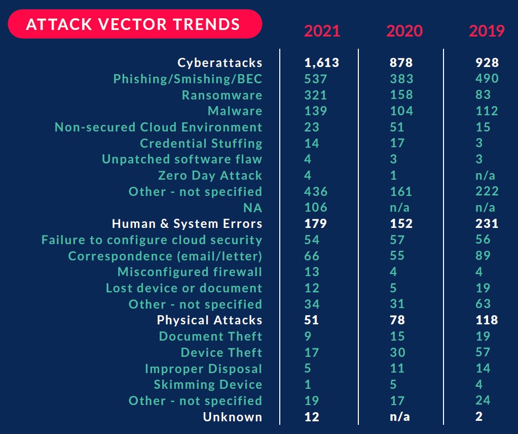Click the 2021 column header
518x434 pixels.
tap(322, 31)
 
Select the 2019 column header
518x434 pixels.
tap(487, 31)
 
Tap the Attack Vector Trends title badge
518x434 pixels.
tap(134, 24)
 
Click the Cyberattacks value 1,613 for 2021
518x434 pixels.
tap(321, 63)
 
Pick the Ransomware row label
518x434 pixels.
tap(222, 95)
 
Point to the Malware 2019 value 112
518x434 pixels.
tap(487, 111)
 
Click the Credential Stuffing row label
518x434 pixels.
tap(201, 143)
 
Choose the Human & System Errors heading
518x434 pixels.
tap(187, 224)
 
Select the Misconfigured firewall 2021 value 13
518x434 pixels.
tap(312, 272)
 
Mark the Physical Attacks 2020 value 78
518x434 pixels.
tap(398, 320)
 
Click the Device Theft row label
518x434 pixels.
tap(221, 352)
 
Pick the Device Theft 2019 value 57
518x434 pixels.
tap(483, 352)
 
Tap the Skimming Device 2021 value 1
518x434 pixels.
tap(308, 385)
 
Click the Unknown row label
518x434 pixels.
tap(233, 417)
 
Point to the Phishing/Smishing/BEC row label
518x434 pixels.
tap(188, 79)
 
